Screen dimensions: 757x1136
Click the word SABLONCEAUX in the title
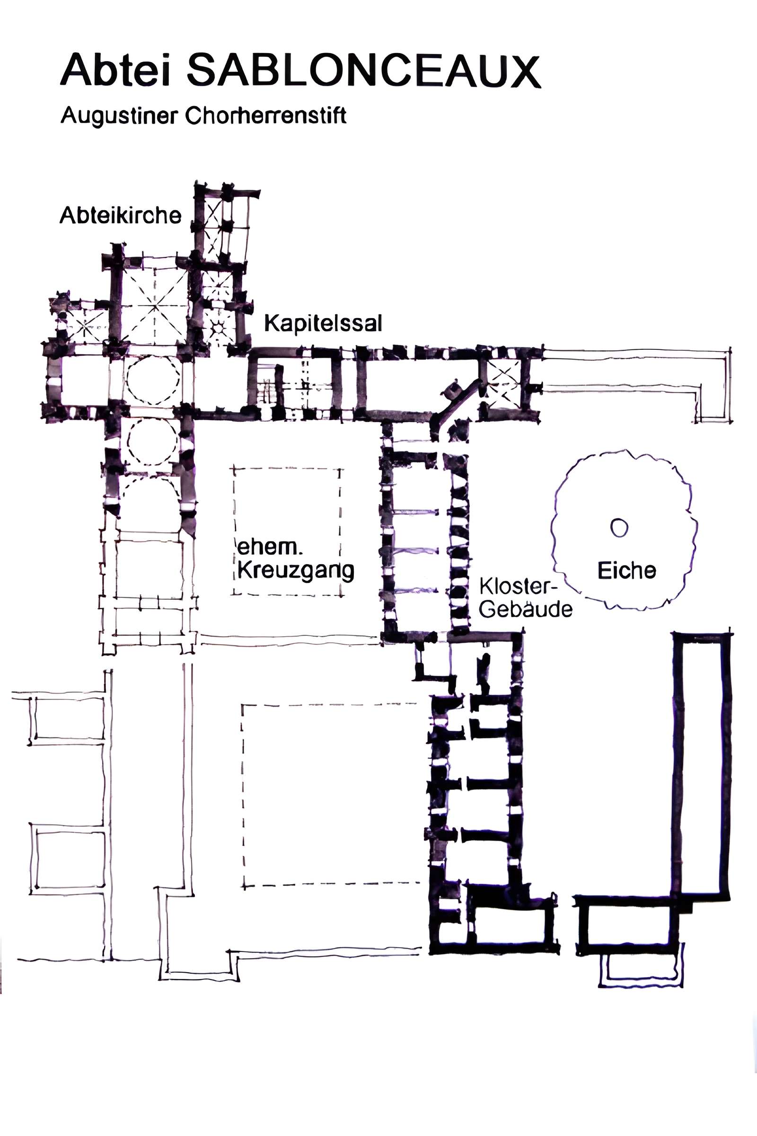click(x=363, y=71)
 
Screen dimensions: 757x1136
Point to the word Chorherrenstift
click(x=265, y=115)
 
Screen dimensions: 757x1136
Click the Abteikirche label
click(x=120, y=215)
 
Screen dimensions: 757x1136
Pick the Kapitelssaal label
click(x=323, y=323)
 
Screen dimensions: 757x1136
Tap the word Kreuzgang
click(x=295, y=571)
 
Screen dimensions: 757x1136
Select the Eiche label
click(x=626, y=570)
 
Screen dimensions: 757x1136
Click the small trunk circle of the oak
click(x=619, y=527)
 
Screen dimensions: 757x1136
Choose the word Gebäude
click(x=526, y=609)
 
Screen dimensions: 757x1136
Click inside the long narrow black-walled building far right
click(x=702, y=766)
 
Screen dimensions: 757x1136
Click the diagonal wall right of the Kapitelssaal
click(x=456, y=403)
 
